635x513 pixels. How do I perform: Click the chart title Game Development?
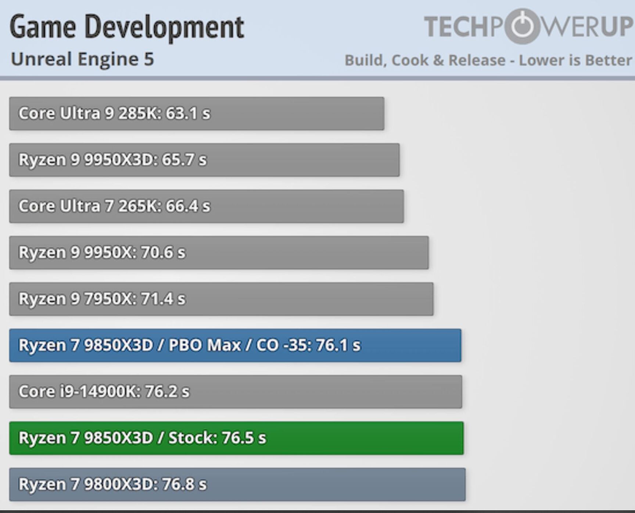click(x=127, y=27)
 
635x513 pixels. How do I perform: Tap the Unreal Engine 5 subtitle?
click(x=82, y=59)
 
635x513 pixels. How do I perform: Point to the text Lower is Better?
click(x=575, y=60)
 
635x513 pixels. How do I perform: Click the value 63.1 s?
click(x=188, y=114)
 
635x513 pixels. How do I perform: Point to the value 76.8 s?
click(x=184, y=484)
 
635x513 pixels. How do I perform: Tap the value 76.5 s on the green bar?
click(x=244, y=438)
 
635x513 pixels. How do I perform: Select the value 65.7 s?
click(x=184, y=160)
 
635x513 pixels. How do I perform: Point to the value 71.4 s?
click(x=163, y=299)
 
